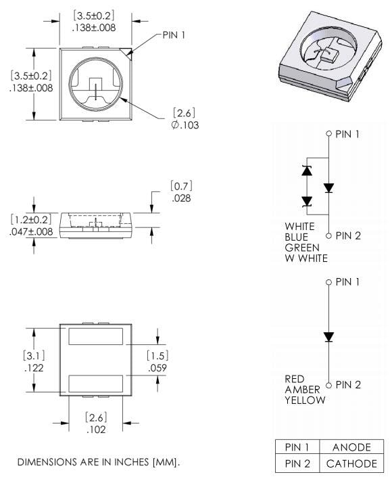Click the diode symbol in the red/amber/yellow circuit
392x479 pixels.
pyautogui.click(x=328, y=336)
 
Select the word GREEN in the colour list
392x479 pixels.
pyautogui.click(x=301, y=248)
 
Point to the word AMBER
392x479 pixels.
pyautogui.click(x=301, y=390)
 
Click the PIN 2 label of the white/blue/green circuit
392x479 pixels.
pyautogui.click(x=348, y=235)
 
